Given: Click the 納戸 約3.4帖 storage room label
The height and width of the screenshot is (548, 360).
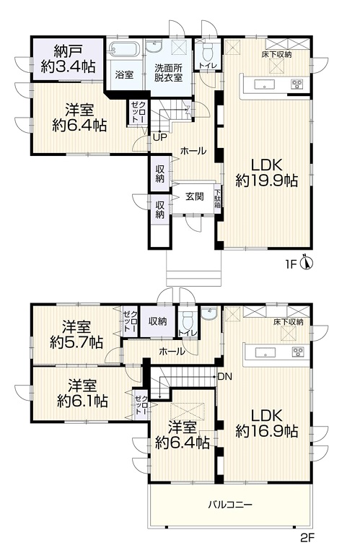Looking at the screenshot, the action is coord(68,58).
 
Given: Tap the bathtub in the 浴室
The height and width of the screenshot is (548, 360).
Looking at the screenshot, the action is coord(124,48).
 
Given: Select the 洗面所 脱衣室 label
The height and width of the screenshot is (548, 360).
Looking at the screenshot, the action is coord(169,72).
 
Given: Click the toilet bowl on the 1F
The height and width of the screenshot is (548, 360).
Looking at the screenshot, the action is coord(208,51).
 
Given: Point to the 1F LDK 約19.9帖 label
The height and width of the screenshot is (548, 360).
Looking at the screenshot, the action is coord(266,173).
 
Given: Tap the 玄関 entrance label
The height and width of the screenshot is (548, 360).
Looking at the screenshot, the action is coord(194,196).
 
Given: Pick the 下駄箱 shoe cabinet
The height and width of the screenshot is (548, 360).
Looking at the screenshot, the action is coord(218,198).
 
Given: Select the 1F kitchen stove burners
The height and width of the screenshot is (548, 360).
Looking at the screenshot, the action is coord(297,84).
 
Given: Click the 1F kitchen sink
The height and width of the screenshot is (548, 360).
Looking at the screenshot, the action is coord(264,84).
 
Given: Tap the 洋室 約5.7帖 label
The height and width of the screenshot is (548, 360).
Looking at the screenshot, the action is coord(76,335).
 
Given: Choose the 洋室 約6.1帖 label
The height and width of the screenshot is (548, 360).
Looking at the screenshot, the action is coord(82,393).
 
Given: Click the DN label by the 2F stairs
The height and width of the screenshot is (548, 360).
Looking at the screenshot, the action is coord(224,377).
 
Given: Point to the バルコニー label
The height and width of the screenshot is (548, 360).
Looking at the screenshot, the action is coord(230,504).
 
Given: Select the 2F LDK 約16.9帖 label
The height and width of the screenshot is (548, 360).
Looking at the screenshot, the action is coord(266,423).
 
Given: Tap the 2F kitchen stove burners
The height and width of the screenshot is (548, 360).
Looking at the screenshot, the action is coord(298,352).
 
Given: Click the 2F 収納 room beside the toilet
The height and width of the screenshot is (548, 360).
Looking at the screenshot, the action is coord(157,321).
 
